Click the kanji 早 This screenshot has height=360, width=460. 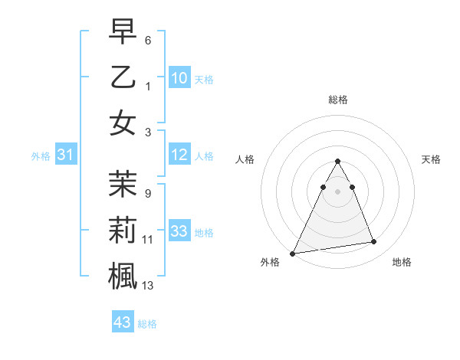click(123, 32)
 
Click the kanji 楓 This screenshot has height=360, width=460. click(123, 275)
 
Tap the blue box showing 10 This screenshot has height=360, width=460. click(179, 77)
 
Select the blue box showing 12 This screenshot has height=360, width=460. click(179, 155)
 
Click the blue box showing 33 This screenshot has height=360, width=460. click(179, 231)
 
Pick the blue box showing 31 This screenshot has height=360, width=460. click(65, 155)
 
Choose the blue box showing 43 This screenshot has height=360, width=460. click(122, 322)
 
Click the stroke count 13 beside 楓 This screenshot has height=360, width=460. click(148, 286)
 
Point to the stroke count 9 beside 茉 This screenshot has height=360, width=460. click(148, 194)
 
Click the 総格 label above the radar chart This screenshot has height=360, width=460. click(338, 100)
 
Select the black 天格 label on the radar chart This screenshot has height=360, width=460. click(432, 159)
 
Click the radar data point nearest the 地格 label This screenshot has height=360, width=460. click(374, 242)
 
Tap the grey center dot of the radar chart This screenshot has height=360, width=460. click(338, 191)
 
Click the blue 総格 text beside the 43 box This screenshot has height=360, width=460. click(147, 324)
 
